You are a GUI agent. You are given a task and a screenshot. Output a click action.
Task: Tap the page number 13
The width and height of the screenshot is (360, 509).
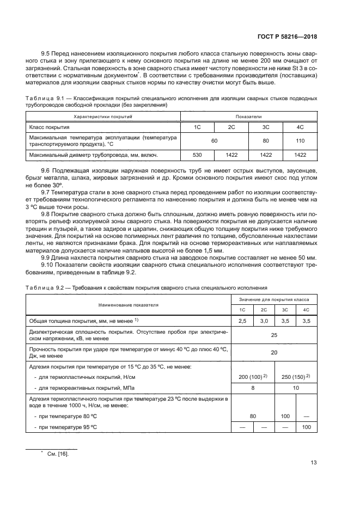[313, 463]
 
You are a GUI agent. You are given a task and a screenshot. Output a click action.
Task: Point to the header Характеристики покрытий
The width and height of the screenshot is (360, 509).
[103, 116]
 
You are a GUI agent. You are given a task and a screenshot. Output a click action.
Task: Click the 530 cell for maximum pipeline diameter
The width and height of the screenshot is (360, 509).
[198, 156]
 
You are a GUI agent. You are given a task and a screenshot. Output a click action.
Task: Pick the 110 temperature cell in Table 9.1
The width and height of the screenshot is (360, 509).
[300, 141]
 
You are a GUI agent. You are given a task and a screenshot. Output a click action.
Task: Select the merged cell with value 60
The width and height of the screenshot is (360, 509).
[215, 141]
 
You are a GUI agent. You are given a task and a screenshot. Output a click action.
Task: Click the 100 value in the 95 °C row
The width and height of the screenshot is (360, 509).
[306, 427]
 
